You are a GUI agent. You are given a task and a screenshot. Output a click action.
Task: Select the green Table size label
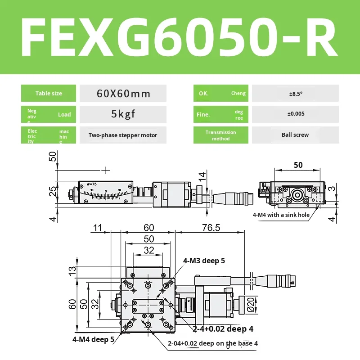coord(49,94)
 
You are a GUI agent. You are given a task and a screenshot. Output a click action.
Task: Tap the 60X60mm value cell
coord(123,94)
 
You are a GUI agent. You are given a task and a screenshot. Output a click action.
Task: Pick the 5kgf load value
coord(123,114)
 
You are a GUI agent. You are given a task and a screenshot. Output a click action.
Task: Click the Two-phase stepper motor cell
coord(123,135)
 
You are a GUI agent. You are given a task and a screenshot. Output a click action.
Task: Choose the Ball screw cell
coord(295,135)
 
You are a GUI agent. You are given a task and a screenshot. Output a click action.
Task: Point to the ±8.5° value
coord(295,94)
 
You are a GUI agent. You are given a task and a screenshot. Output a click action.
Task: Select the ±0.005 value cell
coord(295,114)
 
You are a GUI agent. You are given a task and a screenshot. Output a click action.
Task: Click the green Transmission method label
coord(220,135)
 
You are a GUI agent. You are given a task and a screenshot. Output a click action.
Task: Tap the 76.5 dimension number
coord(211,228)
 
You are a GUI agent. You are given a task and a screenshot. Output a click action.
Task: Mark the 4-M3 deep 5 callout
coord(204,261)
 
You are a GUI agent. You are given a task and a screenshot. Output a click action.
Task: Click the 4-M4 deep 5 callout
coord(94,339)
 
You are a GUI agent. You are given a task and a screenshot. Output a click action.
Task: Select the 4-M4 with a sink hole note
coord(281,215)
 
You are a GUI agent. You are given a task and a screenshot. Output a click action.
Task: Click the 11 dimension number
coord(97,228)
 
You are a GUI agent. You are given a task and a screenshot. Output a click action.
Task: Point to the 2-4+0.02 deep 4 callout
coord(220,329)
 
